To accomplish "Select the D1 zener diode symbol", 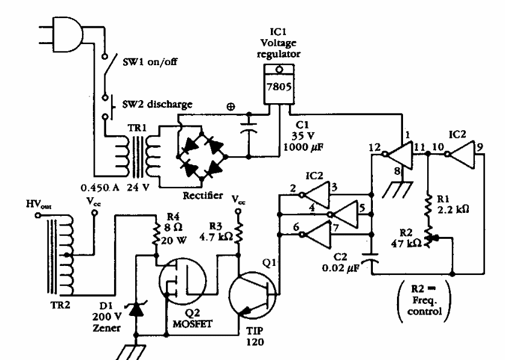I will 137,308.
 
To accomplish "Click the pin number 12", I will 374,146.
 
